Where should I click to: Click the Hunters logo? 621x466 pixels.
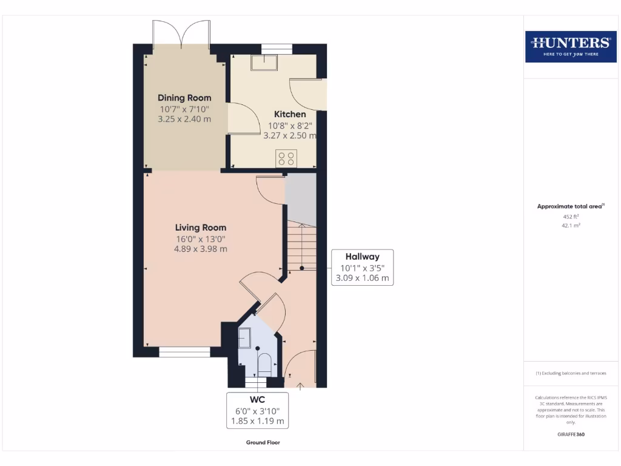point(570,47)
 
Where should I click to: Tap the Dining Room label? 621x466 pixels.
point(184,98)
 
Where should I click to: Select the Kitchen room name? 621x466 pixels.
point(290,114)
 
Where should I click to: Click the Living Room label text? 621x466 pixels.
point(201,228)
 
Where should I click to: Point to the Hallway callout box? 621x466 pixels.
point(363,268)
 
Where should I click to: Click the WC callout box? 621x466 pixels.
point(257,410)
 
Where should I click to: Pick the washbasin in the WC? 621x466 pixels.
point(245,338)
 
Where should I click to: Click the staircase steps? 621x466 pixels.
point(301,246)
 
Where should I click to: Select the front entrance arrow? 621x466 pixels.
point(301,385)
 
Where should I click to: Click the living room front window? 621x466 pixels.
point(184,352)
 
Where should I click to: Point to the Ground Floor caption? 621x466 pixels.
point(263,442)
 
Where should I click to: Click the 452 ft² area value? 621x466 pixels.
point(570,216)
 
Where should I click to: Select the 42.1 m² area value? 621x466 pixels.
point(570,225)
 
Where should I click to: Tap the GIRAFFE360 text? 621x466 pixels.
point(570,434)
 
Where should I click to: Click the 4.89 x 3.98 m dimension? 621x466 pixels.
point(201,249)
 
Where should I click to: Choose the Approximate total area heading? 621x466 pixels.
point(570,206)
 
